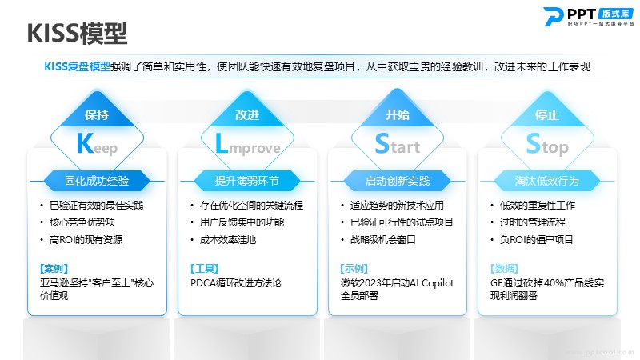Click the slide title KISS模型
77,33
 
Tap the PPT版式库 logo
589,16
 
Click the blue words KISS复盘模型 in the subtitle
77,66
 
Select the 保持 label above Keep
97,114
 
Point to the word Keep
97,145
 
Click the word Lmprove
248,145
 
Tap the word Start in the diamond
398,144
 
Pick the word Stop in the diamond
547,144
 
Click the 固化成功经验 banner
97,181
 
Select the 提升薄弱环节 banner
247,181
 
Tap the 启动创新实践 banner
397,181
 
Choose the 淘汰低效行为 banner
547,181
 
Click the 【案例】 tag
54,269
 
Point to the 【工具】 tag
204,269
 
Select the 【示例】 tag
354,269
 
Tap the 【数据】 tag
505,269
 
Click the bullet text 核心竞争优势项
82,222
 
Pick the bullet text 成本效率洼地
228,239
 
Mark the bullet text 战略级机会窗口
383,239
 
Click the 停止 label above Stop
547,114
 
